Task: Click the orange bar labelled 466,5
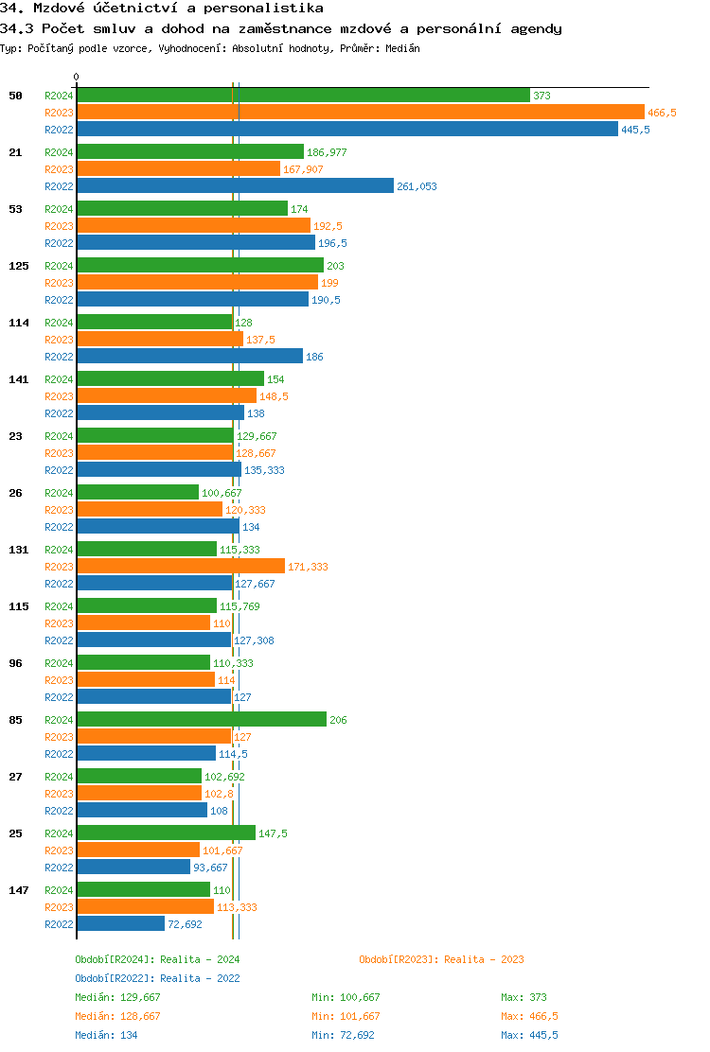point(360,112)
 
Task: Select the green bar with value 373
point(303,95)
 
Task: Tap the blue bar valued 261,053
point(235,185)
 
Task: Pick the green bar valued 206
point(202,719)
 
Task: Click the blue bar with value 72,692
point(121,923)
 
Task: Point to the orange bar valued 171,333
point(181,566)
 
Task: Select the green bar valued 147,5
point(166,833)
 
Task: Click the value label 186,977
point(327,152)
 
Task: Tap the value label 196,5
point(332,243)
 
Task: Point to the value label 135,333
point(264,470)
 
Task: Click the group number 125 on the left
point(19,266)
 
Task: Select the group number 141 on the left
point(19,379)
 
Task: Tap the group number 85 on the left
point(16,720)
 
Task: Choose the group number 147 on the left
point(19,890)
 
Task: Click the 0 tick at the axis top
point(77,77)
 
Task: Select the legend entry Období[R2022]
point(115,978)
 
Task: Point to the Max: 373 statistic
point(524,997)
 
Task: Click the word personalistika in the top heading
point(268,8)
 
